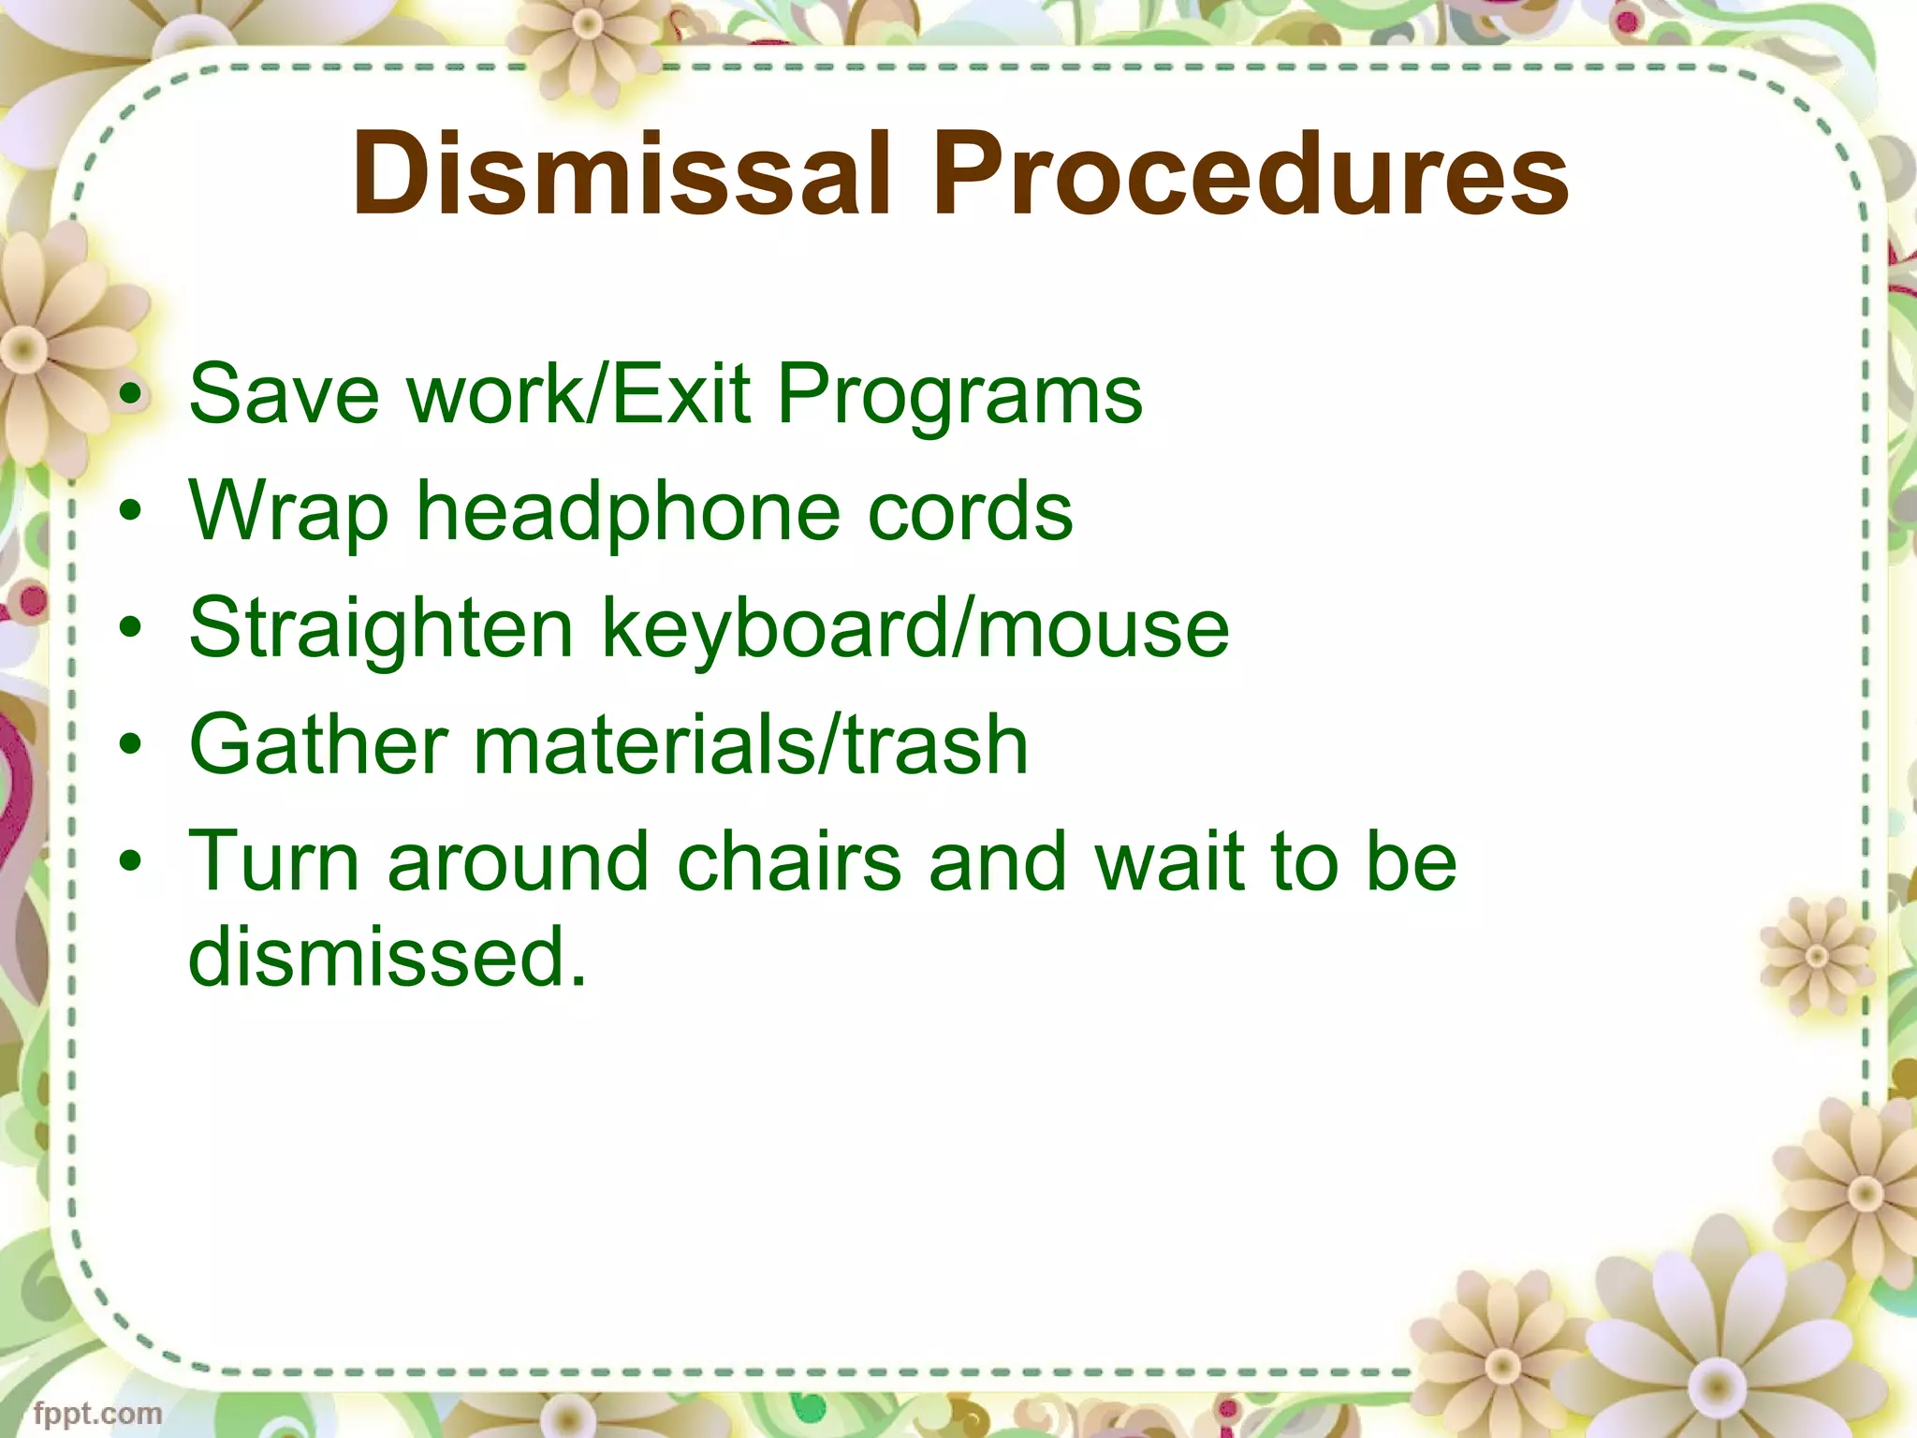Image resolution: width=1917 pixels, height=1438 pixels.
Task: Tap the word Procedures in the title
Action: pos(1250,173)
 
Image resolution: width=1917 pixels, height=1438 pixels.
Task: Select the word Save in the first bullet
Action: pos(284,394)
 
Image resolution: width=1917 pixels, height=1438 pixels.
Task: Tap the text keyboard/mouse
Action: pos(915,630)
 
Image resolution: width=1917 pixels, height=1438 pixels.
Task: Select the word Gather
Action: pos(317,745)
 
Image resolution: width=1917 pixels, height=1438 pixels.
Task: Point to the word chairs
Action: pos(789,861)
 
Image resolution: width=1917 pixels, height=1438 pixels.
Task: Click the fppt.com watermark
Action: pos(97,1412)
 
